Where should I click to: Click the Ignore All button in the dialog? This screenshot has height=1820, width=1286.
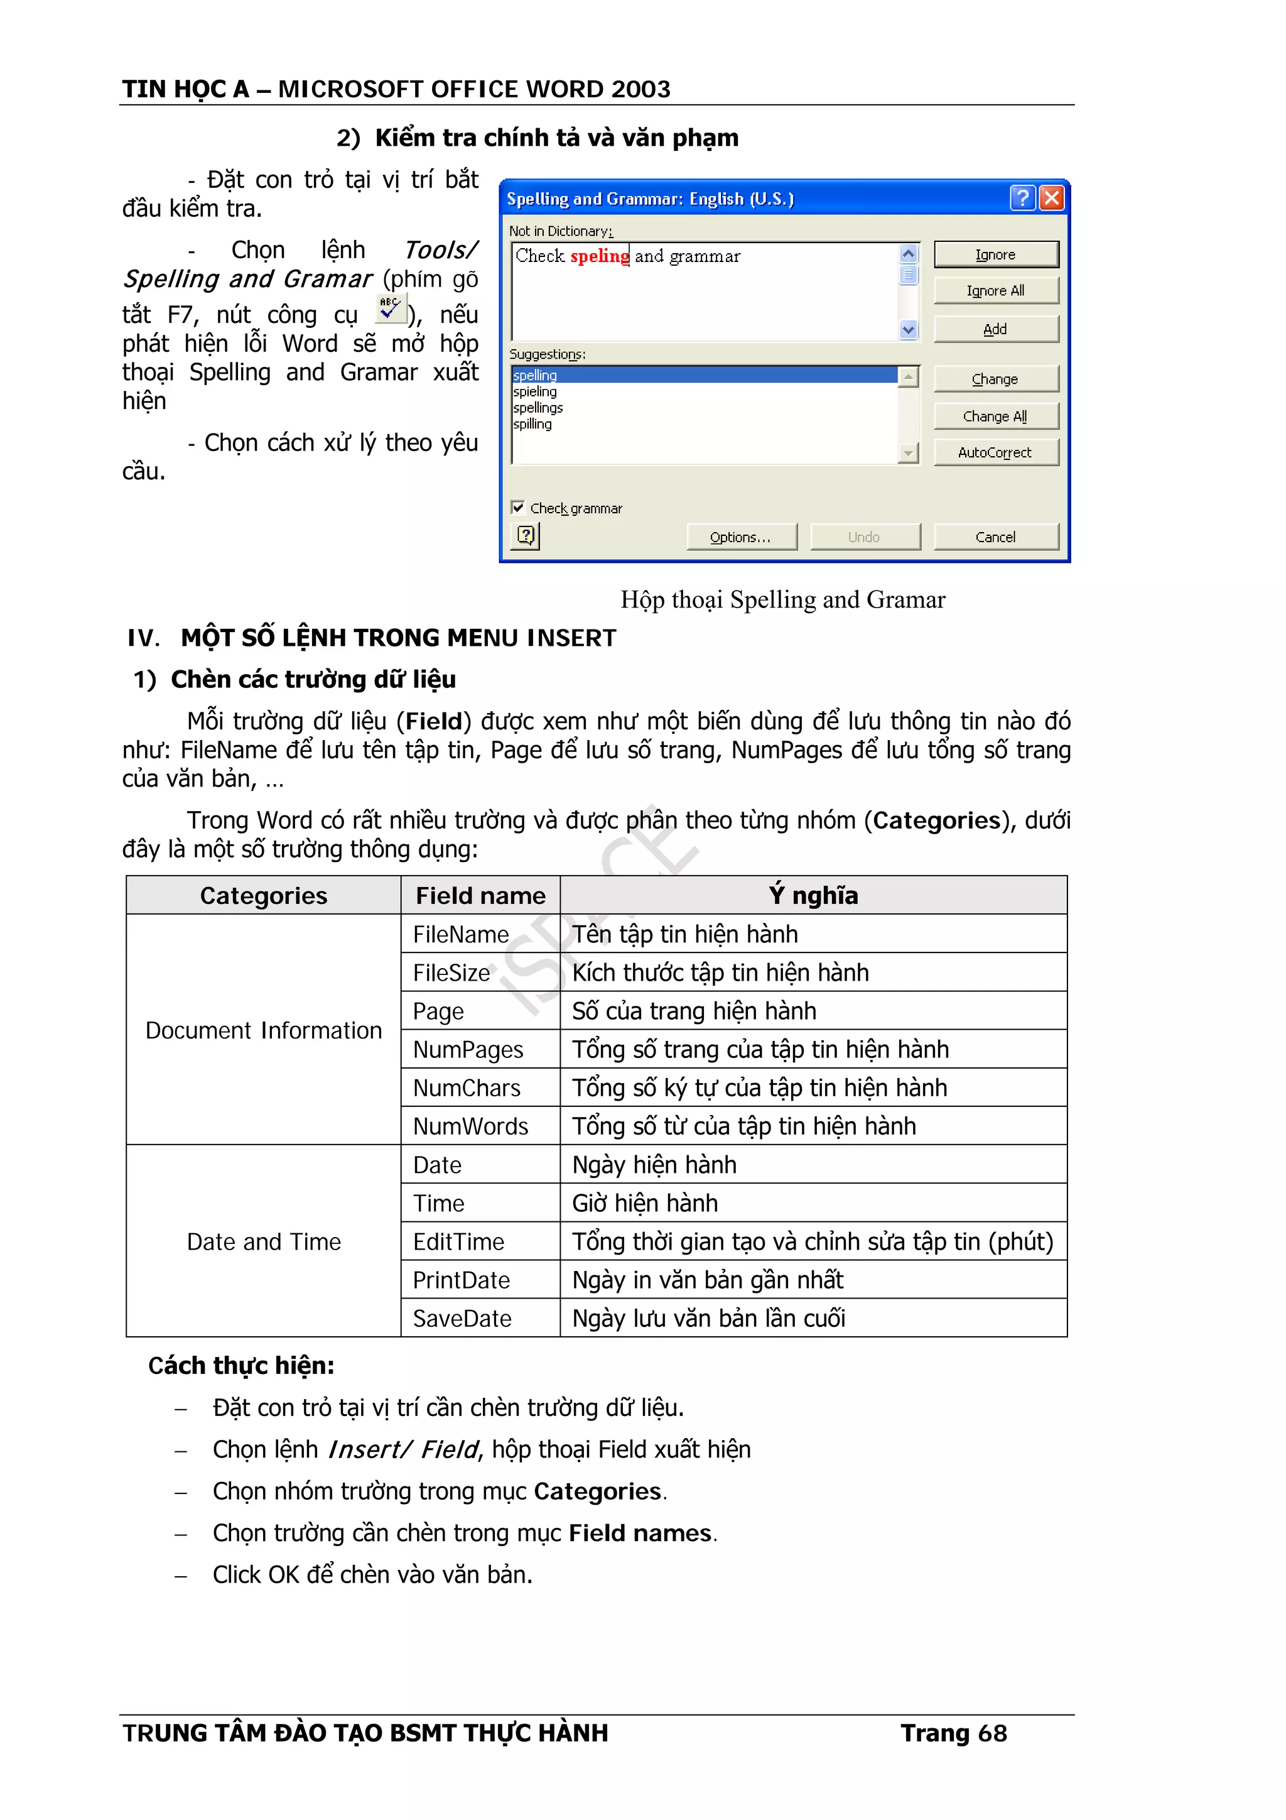(x=995, y=291)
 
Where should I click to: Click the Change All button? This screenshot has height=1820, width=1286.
(x=995, y=416)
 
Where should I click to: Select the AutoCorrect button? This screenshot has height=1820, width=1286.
(x=995, y=452)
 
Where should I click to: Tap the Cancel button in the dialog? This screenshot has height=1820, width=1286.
(x=995, y=537)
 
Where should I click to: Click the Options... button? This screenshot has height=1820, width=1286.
(x=741, y=537)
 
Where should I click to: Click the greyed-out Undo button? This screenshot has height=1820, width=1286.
(x=865, y=537)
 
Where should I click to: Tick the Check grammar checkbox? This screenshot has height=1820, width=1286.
(x=518, y=508)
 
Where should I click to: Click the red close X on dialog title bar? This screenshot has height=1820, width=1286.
(x=1051, y=197)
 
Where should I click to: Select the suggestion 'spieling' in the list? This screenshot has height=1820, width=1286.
(x=536, y=391)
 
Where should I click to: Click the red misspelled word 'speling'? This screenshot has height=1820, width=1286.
(x=600, y=256)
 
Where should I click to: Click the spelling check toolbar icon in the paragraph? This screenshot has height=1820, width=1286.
(x=390, y=308)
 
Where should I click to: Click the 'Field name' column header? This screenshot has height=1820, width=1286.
(x=480, y=896)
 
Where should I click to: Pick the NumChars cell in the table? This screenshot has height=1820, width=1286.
(x=467, y=1087)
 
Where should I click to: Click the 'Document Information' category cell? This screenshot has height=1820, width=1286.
(x=263, y=1030)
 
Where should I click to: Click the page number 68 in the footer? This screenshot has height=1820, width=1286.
(x=992, y=1733)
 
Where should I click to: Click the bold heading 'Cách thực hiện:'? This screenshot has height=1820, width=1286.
(x=241, y=1366)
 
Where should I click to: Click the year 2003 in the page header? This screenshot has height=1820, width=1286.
(x=640, y=89)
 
